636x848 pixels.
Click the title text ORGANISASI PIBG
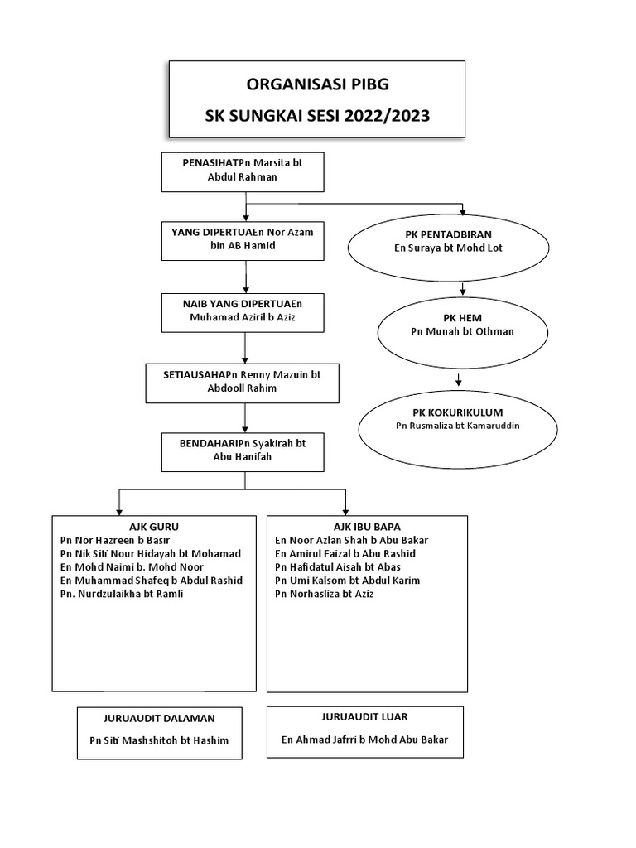pos(317,84)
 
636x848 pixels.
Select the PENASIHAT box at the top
pos(243,171)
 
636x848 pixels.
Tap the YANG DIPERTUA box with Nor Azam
pos(243,239)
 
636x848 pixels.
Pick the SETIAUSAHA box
pos(243,382)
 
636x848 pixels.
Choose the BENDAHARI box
pos(243,450)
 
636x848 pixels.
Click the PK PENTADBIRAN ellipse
pos(449,242)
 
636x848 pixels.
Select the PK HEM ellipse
pos(462,325)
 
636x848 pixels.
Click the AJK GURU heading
pos(154,527)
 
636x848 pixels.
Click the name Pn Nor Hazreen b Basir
pos(114,540)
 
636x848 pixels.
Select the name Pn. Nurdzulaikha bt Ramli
pos(121,594)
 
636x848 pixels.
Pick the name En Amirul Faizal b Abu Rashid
pos(345,553)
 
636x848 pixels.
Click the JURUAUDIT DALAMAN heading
pos(160,719)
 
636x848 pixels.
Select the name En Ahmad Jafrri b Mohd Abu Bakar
pos(364,740)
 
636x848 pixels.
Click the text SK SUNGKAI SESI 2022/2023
pos(317,115)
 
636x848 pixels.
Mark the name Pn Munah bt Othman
pos(462,332)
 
